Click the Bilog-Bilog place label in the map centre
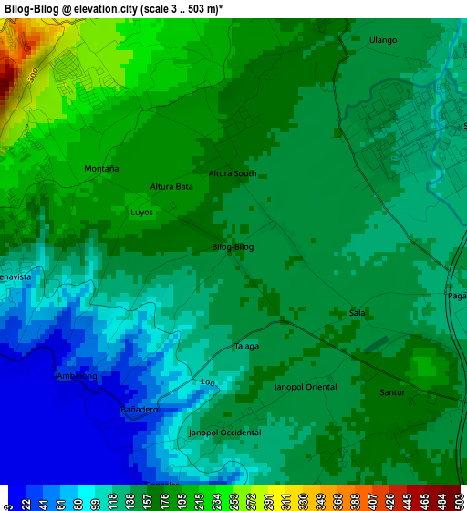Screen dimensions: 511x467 pos(233,247)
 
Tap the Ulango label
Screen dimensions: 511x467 pos(383,40)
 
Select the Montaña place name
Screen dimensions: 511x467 pos(101,169)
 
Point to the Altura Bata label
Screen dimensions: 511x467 pos(171,187)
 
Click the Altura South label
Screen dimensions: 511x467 pos(233,173)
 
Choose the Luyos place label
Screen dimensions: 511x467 pos(141,212)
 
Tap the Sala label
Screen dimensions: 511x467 pos(358,313)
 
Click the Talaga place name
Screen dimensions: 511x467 pos(246,346)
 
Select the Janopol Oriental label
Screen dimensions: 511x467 pos(306,387)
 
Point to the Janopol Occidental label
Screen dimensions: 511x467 pos(224,433)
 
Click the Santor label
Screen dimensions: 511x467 pos(392,392)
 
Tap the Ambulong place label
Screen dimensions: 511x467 pos(77,376)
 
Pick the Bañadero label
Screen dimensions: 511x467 pos(140,411)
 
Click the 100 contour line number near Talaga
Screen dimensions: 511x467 pos(209,384)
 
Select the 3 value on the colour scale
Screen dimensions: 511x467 pos(8,502)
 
